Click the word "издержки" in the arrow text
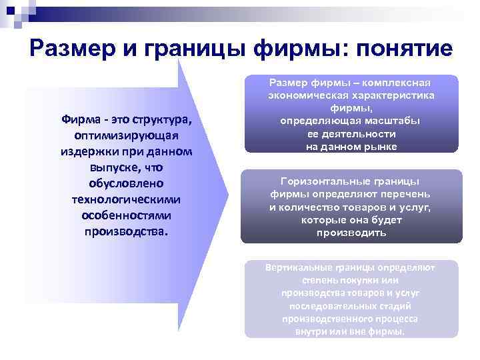88,152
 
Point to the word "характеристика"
391,95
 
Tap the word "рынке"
382,146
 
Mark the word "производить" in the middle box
351,233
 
